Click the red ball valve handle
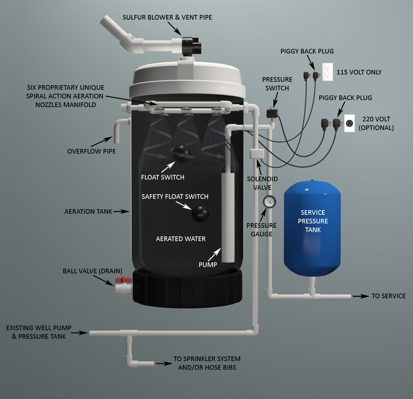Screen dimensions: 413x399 (x=124, y=280)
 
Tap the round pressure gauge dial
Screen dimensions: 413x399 (x=269, y=202)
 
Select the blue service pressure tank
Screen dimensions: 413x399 (x=312, y=228)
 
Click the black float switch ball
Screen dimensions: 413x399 (x=181, y=153)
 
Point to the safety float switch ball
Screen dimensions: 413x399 (x=200, y=213)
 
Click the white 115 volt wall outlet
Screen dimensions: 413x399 (x=327, y=72)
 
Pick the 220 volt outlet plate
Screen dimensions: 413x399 (x=349, y=123)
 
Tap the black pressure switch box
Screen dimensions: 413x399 (x=272, y=114)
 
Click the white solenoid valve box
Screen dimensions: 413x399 (x=257, y=154)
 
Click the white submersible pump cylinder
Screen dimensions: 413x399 (x=228, y=217)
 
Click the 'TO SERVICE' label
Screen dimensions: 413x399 (x=388, y=296)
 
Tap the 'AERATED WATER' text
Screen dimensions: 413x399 (x=181, y=238)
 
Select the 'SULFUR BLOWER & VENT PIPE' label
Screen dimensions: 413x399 (x=167, y=18)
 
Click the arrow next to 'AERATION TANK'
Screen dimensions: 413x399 (x=122, y=211)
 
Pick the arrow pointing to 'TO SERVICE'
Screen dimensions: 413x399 (x=361, y=296)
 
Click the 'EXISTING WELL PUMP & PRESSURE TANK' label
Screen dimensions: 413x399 (x=39, y=332)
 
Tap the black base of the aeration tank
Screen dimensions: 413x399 (x=187, y=288)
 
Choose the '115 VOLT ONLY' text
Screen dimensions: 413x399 (x=359, y=72)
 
